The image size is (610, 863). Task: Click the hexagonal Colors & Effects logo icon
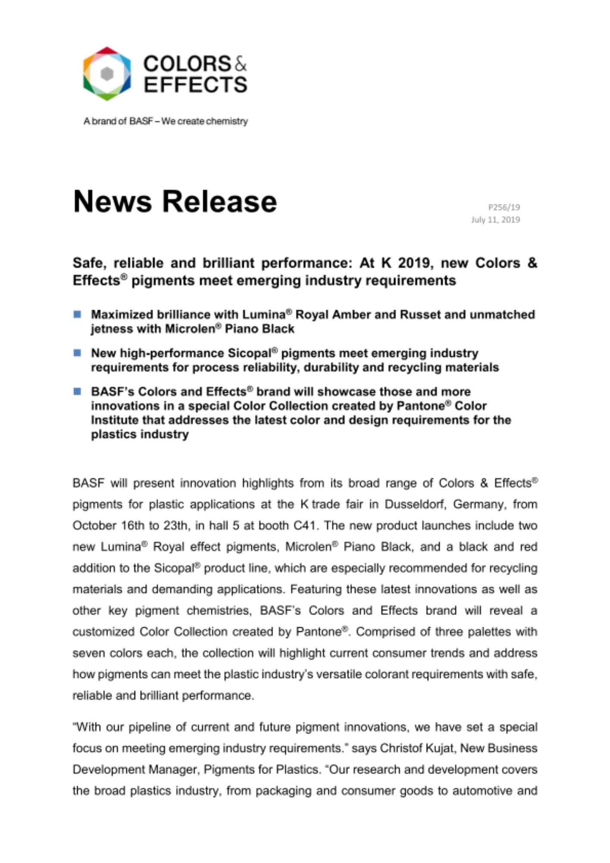pos(107,74)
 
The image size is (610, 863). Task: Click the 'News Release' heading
pos(175,202)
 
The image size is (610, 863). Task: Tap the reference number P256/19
pos(504,207)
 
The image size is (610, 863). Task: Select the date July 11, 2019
pos(495,220)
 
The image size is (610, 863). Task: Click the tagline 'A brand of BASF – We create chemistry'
pos(166,121)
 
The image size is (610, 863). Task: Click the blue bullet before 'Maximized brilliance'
pos(77,314)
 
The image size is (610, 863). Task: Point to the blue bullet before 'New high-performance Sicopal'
pos(77,353)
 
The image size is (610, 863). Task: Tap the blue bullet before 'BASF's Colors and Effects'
pos(77,391)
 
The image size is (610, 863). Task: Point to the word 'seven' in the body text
pos(88,653)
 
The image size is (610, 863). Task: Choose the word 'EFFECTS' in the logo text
pos(195,85)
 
